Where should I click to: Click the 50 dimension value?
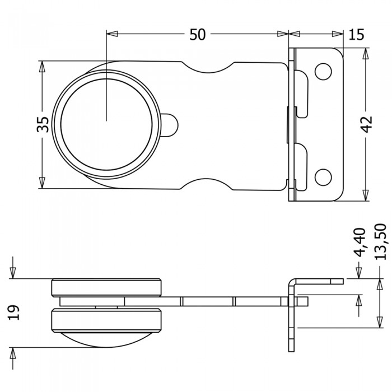(x=197, y=34)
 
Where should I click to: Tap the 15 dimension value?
(x=356, y=34)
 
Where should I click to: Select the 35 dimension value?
(x=43, y=124)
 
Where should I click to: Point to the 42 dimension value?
(x=367, y=124)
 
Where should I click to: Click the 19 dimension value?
(x=13, y=312)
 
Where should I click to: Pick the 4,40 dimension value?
(x=360, y=242)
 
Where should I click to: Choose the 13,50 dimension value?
(x=381, y=241)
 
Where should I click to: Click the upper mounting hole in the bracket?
(x=323, y=72)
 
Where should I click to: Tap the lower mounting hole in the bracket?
(x=323, y=178)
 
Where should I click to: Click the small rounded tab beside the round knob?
(x=171, y=125)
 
